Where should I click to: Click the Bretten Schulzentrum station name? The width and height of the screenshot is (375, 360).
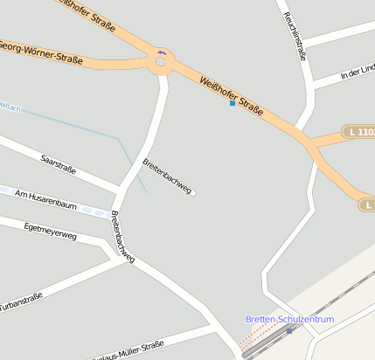[289, 319]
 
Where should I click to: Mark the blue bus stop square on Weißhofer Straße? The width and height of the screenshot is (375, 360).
[232, 103]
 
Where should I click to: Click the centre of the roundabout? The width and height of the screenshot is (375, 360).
[161, 62]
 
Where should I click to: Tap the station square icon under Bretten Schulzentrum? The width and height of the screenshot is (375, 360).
[289, 330]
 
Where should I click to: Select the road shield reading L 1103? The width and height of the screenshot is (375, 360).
[359, 132]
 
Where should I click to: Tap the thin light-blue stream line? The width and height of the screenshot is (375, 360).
[87, 127]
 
